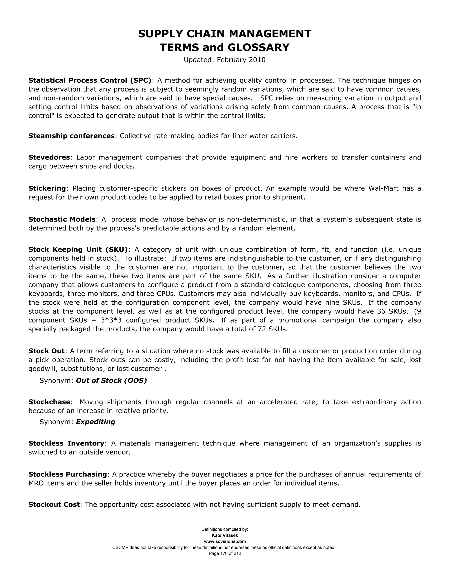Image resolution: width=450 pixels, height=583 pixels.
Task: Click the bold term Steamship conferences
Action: pos(71,136)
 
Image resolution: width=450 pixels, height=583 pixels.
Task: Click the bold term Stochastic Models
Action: pos(62,219)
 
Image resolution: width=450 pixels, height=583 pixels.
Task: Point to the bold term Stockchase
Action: pos(49,402)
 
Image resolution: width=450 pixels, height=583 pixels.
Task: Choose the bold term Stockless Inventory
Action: pos(66,443)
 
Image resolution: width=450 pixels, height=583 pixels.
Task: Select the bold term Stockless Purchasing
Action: pos(68,474)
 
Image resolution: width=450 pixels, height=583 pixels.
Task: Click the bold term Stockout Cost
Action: pos(54,504)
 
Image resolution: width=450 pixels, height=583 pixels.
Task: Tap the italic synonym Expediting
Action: pos(95,422)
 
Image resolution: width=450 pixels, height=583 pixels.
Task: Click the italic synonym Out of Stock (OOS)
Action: pos(111,380)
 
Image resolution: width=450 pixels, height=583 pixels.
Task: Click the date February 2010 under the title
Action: pos(241,60)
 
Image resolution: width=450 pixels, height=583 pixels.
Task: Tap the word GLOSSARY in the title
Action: pos(258,48)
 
